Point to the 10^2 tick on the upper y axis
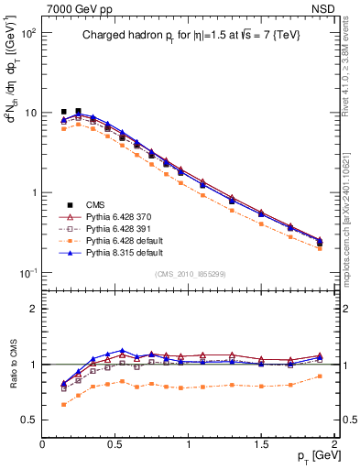point(29,33)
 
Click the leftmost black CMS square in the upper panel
point(63,112)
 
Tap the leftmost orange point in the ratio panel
point(63,404)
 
